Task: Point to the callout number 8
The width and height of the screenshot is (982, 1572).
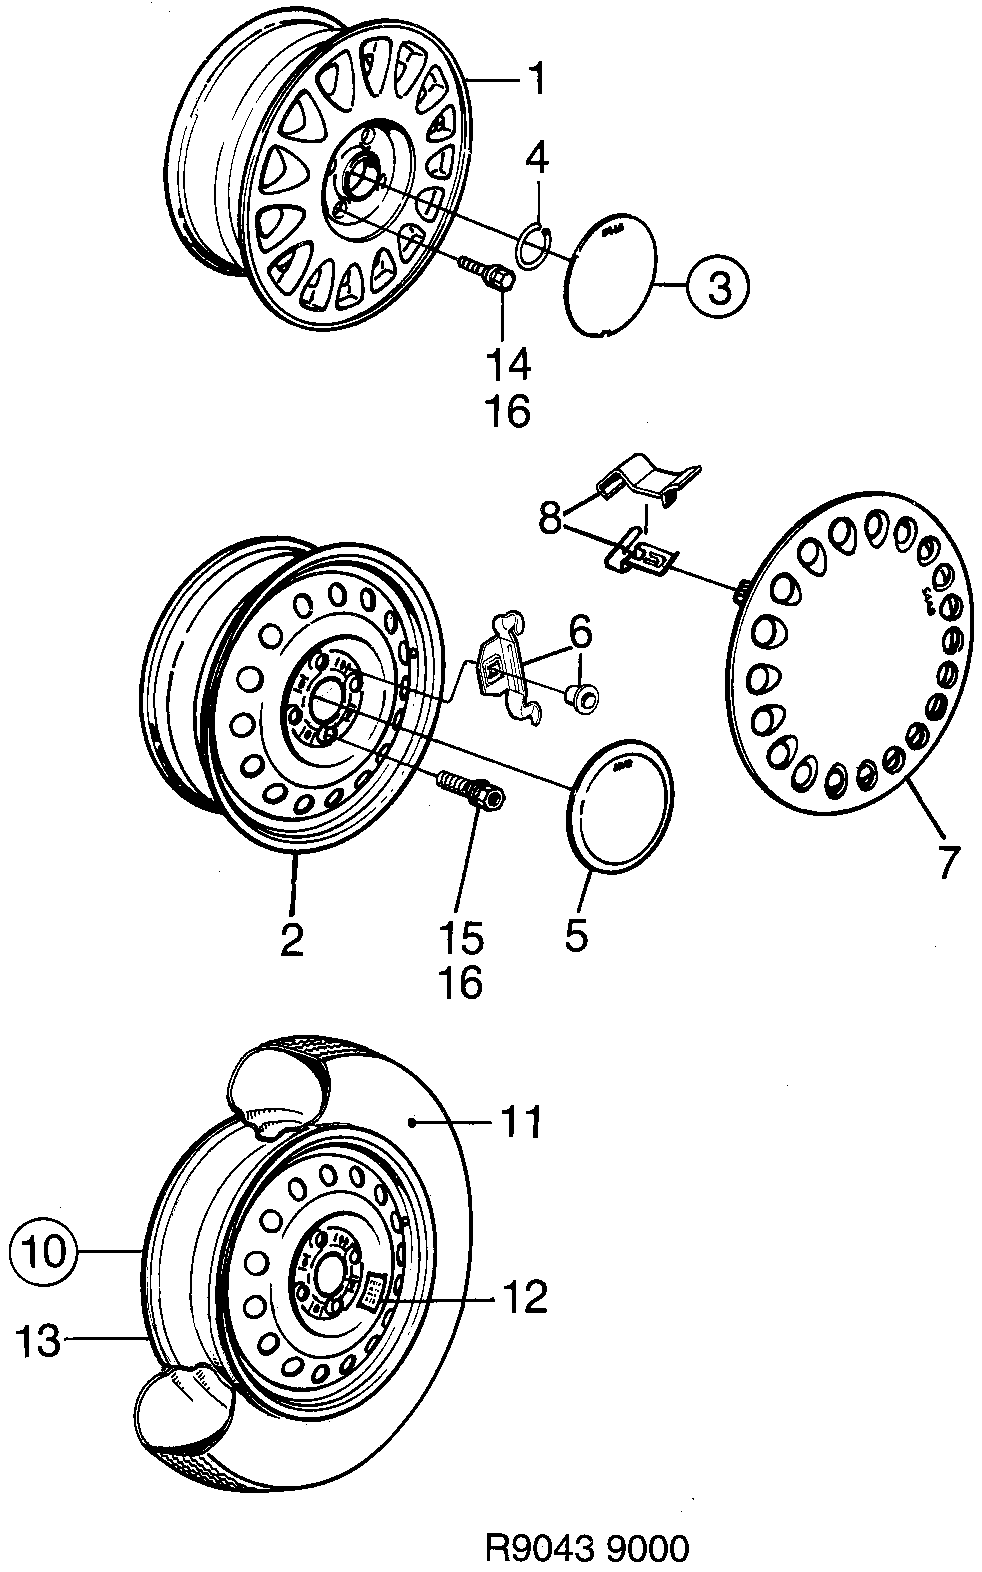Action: (550, 520)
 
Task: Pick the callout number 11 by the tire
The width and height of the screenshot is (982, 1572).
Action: (520, 1123)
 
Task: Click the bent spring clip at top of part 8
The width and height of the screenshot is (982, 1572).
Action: (646, 481)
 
